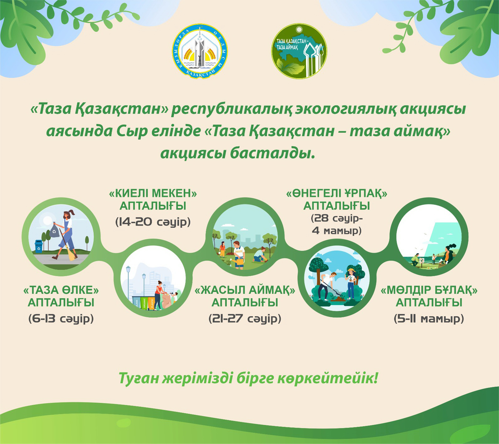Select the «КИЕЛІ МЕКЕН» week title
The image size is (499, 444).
coord(153,199)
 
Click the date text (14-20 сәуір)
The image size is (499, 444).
coord(153,222)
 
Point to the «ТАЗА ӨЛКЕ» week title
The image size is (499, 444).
coord(61,296)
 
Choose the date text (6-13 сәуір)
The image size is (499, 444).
coord(61,319)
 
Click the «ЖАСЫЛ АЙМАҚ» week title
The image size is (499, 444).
coord(245,296)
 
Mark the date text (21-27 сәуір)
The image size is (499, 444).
coord(245,319)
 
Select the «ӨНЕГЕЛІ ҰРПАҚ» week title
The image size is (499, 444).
coord(337,199)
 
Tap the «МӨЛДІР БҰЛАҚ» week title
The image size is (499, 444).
coord(429,296)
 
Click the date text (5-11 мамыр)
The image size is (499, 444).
coord(429,319)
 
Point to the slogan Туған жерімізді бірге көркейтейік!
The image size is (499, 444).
coord(248,378)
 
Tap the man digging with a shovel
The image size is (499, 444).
coord(327,285)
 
